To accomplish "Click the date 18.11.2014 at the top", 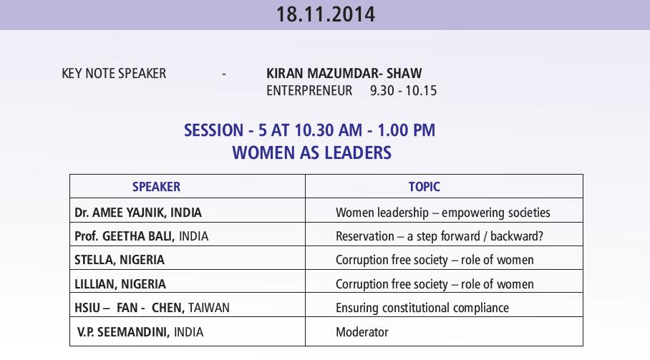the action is (326, 14).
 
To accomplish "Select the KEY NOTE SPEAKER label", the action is (114, 73).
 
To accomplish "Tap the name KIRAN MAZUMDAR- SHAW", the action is (344, 73).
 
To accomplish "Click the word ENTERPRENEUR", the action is (309, 91).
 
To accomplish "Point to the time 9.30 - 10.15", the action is (403, 91).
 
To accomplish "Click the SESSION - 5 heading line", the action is (310, 130).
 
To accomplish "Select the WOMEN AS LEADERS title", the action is (311, 153).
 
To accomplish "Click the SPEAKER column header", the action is (156, 187).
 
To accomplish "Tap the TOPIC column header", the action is (424, 187).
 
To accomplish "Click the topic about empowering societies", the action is (442, 213).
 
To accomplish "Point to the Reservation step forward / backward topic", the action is (440, 236).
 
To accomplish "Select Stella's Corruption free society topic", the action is (435, 260).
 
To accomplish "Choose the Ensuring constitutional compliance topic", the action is (422, 308).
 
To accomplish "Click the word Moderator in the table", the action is (362, 332).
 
